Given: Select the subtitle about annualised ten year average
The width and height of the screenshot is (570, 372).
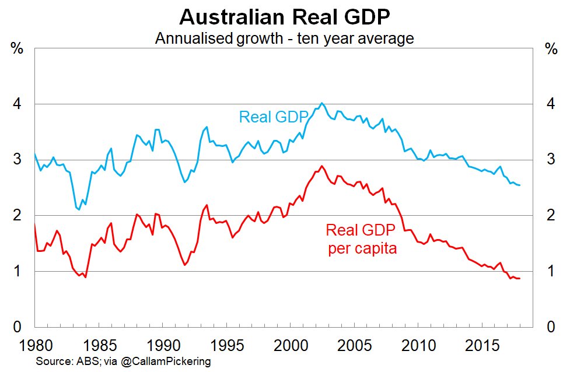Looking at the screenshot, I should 285,38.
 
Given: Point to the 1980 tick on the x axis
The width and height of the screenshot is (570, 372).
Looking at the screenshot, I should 34,345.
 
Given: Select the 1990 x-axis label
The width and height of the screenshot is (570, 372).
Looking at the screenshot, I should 159,345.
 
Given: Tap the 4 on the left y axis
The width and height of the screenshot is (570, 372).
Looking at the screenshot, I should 18,104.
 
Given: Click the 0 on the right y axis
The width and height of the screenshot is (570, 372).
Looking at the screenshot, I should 550,327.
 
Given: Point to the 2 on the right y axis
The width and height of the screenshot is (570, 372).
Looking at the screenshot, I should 550,216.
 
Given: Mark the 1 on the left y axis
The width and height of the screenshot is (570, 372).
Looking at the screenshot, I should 18,272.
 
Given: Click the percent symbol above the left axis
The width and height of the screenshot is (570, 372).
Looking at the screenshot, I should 18,48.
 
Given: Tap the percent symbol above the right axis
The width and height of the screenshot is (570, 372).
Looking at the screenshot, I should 550,48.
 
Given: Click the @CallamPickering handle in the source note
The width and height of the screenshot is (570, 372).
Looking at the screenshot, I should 166,362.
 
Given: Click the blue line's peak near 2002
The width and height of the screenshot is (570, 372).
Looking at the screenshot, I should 322,103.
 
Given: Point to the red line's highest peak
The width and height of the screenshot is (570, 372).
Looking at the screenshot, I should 321,166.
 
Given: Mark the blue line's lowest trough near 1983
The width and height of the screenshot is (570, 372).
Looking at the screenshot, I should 79,209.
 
